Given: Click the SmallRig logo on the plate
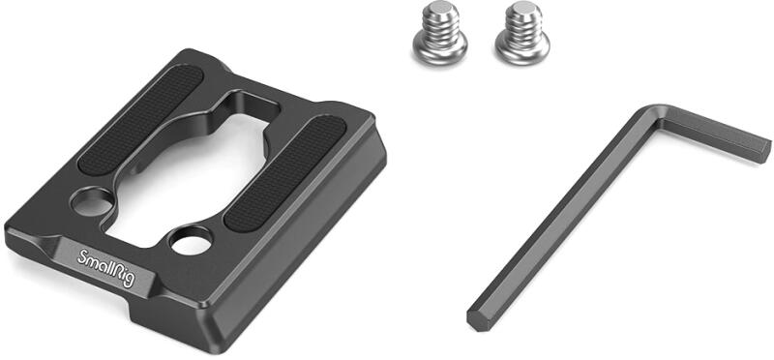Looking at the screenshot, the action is point(106,268).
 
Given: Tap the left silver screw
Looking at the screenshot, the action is point(439,33).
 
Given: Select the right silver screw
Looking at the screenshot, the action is point(522,33).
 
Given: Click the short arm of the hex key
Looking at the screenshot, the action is point(716,134).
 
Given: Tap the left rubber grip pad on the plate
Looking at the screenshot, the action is point(140,119).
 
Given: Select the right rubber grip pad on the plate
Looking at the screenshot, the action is point(285,173).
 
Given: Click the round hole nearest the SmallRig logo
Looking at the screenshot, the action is point(191,241).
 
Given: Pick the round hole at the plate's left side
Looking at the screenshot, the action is point(92,201).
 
